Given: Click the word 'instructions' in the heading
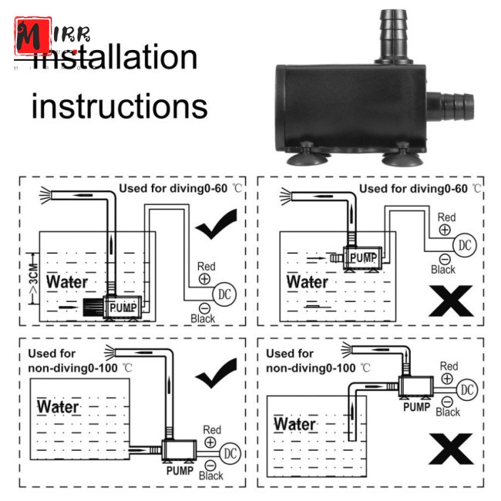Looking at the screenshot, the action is point(119,106).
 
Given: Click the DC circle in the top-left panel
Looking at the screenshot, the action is point(225,294).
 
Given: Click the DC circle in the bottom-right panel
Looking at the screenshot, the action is point(466,391).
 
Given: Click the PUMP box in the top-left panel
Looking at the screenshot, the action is point(122,307).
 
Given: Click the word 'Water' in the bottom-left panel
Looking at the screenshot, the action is point(59,406).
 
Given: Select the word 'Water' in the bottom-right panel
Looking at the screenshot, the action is point(294,425).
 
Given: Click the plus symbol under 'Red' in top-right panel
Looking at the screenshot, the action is point(446,230).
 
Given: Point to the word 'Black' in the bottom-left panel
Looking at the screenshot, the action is point(211,476).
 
